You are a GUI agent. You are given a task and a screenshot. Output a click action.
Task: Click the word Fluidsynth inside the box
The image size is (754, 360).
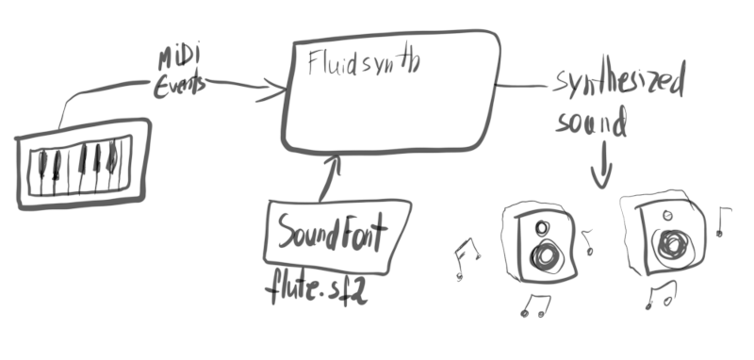[364, 63]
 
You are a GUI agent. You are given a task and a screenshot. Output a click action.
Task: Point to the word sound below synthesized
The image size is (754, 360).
[592, 123]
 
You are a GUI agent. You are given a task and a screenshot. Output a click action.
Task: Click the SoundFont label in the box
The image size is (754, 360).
[331, 232]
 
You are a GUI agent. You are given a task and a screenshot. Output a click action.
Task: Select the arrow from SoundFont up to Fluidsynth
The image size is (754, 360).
[329, 179]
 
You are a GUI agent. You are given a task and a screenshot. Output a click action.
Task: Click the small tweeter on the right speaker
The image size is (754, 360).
[667, 213]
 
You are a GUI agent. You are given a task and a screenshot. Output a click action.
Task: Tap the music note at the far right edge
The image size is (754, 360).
[724, 221]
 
